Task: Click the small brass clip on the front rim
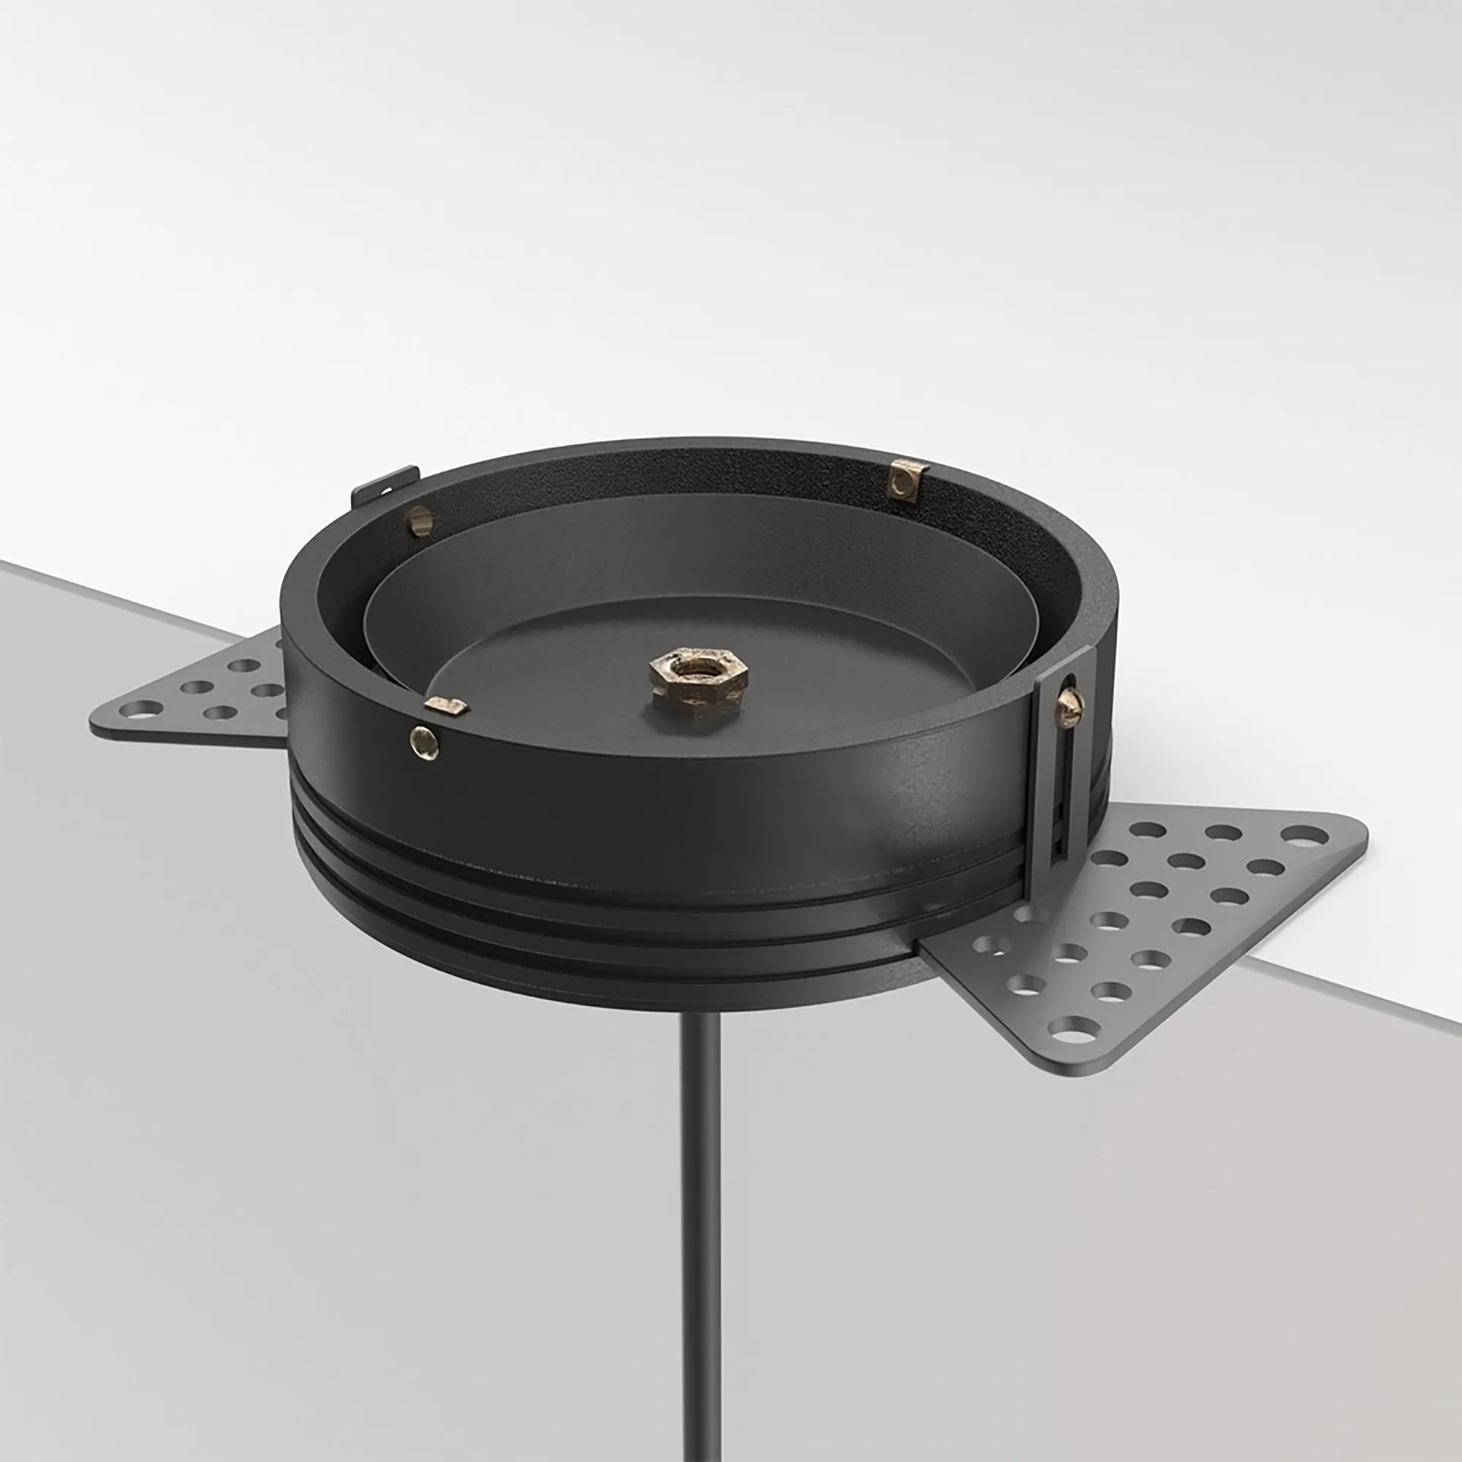point(447,706)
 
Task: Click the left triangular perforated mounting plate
point(205,692)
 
